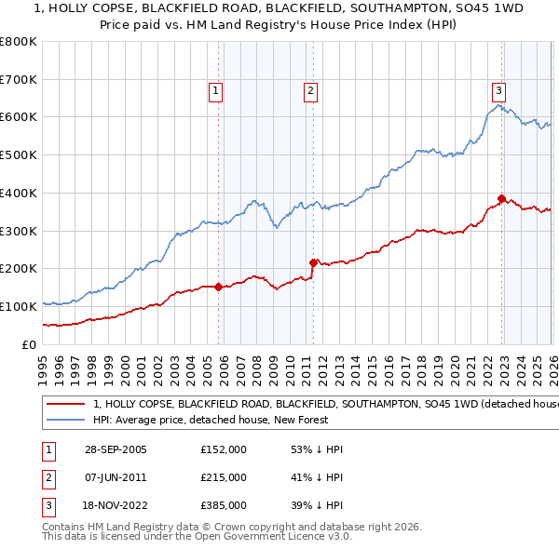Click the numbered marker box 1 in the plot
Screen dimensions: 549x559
[x=215, y=90]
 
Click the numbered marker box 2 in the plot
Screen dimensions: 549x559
[x=309, y=90]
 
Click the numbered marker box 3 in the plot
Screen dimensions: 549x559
[x=498, y=90]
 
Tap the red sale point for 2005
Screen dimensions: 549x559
[x=219, y=287]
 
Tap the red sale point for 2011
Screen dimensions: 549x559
[x=313, y=262]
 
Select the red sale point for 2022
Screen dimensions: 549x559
[x=501, y=198]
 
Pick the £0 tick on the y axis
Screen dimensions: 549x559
[x=28, y=344]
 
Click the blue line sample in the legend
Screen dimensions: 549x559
[x=66, y=420]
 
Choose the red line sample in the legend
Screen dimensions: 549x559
[x=66, y=405]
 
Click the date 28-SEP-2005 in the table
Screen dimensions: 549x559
[x=116, y=449]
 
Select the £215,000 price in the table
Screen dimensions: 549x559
[x=223, y=477]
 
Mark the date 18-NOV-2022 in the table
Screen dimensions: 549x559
[x=116, y=506]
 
